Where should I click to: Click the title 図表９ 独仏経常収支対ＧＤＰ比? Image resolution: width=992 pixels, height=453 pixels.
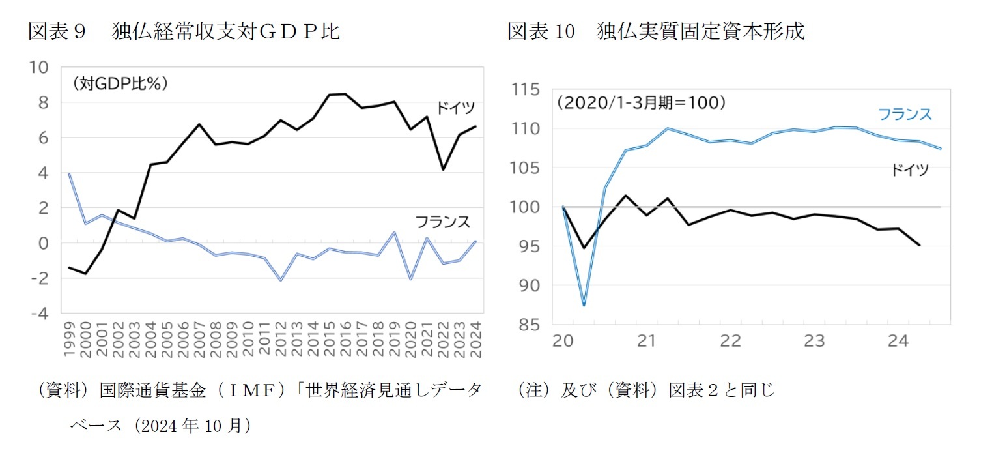[x=184, y=31]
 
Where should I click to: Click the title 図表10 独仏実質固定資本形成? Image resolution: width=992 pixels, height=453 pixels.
[x=656, y=31]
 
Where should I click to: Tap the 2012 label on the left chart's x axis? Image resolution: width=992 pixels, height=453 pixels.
[x=281, y=339]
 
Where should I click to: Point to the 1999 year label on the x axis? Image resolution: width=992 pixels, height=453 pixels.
[x=70, y=339]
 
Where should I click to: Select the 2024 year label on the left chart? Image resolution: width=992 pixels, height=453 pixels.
[x=475, y=339]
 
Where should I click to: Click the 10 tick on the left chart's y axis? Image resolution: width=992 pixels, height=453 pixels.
[x=38, y=67]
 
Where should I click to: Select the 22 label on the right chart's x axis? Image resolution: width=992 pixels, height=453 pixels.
[x=731, y=341]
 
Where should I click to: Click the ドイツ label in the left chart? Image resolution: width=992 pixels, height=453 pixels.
[x=455, y=108]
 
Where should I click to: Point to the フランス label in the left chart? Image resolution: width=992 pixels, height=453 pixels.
[x=443, y=222]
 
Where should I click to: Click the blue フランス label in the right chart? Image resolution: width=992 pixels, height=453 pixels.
[x=905, y=115]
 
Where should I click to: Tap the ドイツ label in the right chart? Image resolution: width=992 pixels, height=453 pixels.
[x=909, y=171]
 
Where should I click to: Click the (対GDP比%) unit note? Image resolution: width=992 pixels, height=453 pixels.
[x=120, y=83]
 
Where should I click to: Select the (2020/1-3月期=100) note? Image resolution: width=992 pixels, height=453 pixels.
[x=641, y=103]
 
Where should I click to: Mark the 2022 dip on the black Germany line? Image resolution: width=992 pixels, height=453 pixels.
[x=443, y=169]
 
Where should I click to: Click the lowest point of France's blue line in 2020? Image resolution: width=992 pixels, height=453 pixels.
[x=584, y=305]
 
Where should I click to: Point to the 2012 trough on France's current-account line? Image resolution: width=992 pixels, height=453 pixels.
[x=281, y=280]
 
